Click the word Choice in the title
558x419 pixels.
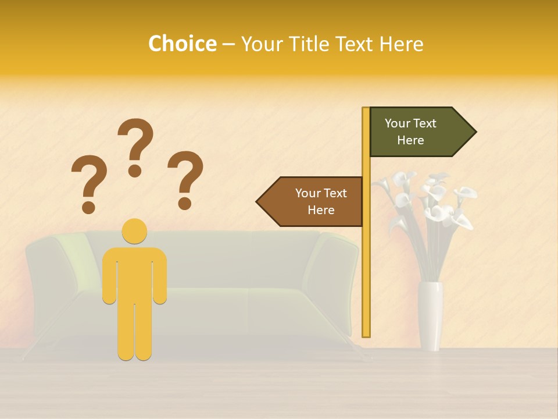point(182,44)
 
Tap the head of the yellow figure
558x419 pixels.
point(134,231)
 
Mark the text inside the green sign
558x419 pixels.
point(410,132)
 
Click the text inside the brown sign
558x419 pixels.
point(321,201)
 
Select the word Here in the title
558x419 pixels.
point(401,44)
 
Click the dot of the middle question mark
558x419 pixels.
point(135,171)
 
